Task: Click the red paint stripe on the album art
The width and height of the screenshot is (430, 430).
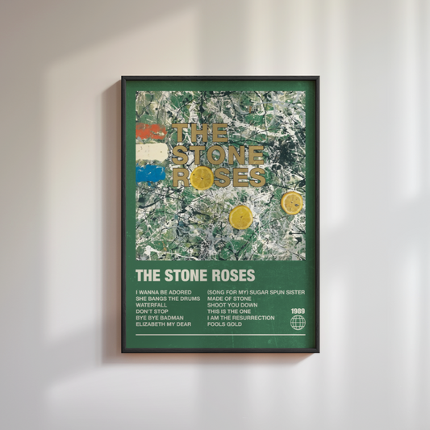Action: click(x=150, y=132)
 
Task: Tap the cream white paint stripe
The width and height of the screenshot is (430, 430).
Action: click(x=150, y=152)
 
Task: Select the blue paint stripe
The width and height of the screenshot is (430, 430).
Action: click(x=150, y=173)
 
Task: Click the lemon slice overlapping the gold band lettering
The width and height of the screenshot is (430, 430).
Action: click(x=202, y=177)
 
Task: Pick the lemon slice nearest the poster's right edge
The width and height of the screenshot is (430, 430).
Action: click(x=292, y=202)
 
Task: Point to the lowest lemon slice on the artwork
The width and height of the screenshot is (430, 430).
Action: click(x=240, y=216)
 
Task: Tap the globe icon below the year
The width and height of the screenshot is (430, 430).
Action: click(x=298, y=323)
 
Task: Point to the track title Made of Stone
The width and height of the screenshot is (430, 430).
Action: click(x=231, y=298)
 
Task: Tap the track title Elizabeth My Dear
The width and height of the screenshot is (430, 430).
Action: click(x=164, y=324)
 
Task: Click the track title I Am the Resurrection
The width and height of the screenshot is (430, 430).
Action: click(x=240, y=318)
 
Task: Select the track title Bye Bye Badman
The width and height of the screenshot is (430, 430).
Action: click(x=159, y=318)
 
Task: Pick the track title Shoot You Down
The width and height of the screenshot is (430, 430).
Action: click(x=233, y=305)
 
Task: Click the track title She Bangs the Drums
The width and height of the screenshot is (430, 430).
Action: click(x=168, y=298)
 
